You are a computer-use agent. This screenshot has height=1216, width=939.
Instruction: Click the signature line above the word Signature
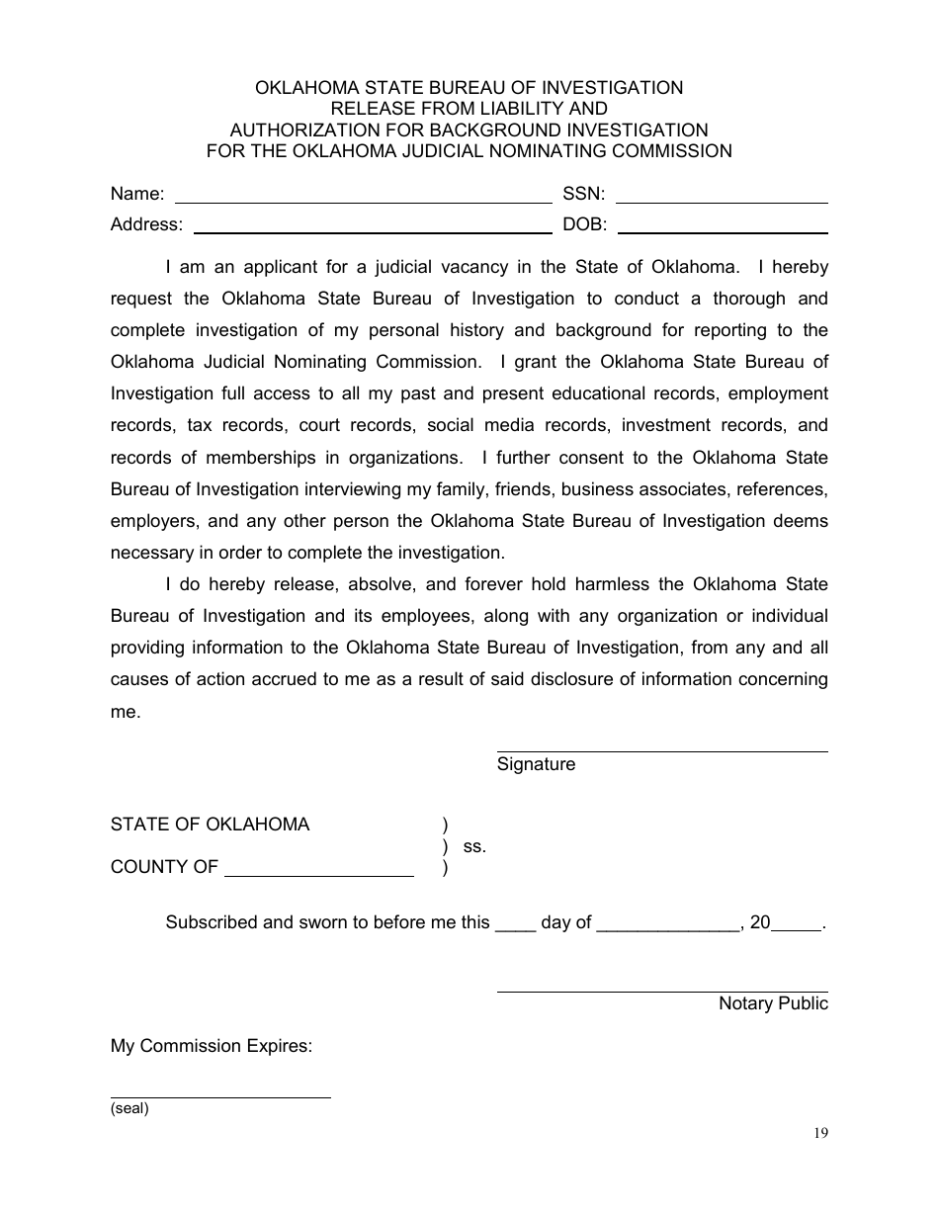(661, 750)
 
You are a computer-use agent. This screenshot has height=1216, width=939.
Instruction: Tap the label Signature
(536, 764)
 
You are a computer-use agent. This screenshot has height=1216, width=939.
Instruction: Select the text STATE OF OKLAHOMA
(210, 825)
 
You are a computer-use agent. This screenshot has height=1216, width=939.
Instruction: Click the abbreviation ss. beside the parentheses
(474, 846)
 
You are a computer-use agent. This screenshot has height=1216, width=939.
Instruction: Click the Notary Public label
(773, 1003)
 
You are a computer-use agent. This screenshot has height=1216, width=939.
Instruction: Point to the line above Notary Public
(661, 991)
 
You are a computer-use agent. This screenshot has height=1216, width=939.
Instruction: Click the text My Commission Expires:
(212, 1046)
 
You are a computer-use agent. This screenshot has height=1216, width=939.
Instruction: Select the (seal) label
(129, 1108)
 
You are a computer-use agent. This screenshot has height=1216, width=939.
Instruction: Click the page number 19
(821, 1134)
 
